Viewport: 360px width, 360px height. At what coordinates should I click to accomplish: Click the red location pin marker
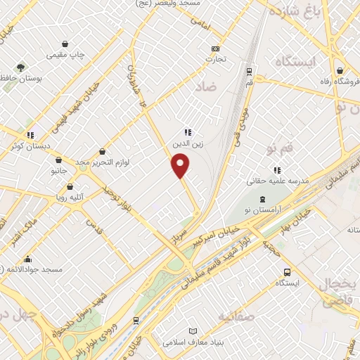point(181,166)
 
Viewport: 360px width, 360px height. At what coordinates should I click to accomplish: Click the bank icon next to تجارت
point(216,49)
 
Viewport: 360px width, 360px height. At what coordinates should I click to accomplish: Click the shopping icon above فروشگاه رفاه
point(340,70)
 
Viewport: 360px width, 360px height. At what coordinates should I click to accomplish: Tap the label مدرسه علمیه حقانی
point(276,179)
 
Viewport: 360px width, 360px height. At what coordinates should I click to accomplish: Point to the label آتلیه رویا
point(70,198)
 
